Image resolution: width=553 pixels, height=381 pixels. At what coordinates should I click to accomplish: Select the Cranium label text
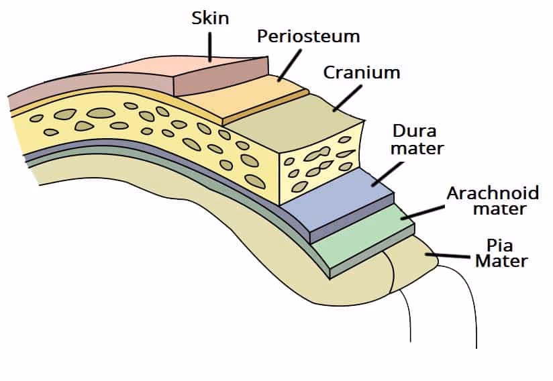point(361,72)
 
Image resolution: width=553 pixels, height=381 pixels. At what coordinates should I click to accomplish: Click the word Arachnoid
point(493,194)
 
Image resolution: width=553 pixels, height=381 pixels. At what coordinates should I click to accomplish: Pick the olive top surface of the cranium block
point(295,127)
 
